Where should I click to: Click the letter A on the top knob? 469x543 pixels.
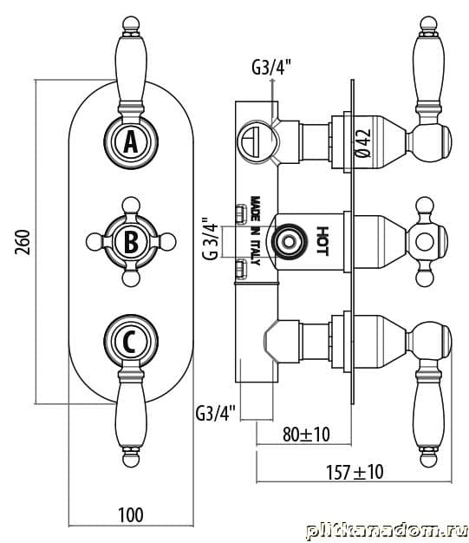(x=131, y=142)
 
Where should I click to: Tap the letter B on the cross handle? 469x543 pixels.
(x=131, y=242)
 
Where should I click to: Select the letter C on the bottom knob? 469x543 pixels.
(x=129, y=342)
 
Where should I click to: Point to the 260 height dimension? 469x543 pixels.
(x=23, y=242)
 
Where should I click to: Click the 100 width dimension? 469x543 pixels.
(x=131, y=515)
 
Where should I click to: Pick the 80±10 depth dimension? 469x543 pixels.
(x=306, y=435)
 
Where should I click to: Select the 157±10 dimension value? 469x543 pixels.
(x=355, y=472)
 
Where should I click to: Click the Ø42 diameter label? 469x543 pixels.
(x=363, y=143)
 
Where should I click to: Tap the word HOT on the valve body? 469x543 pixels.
(x=322, y=241)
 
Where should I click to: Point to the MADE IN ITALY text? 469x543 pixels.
(x=255, y=231)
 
